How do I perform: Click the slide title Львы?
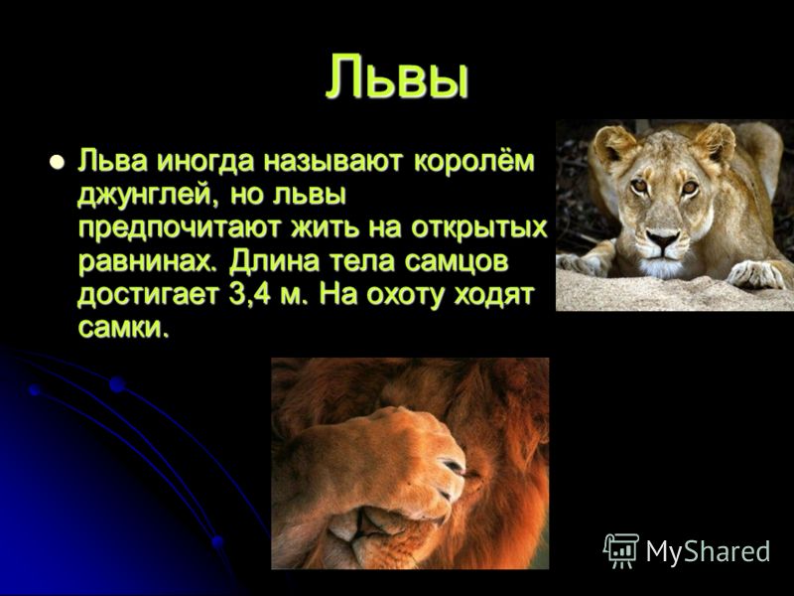pos(396,76)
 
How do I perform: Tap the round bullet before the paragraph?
pos(57,162)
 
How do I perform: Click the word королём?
pos(474,162)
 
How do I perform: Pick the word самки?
pos(122,329)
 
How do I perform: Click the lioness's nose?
pos(662,237)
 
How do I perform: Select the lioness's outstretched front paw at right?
pos(754,274)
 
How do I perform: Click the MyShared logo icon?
pos(620,550)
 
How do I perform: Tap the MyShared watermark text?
pos(708,550)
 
